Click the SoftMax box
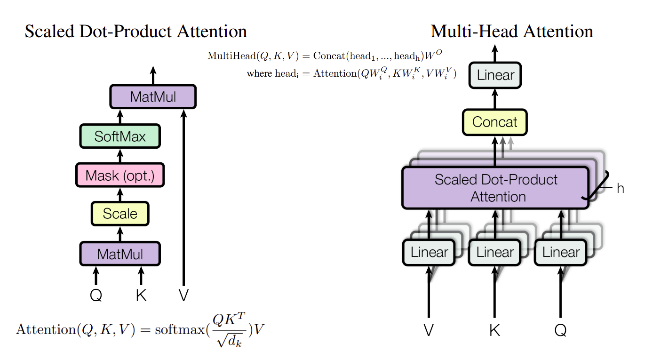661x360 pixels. [x=120, y=136]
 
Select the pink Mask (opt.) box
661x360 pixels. [x=120, y=176]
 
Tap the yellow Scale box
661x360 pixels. [x=120, y=214]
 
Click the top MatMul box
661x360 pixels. [x=153, y=97]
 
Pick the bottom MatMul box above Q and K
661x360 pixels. [x=120, y=254]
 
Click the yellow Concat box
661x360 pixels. [x=494, y=122]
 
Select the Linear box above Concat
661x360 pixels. [x=495, y=75]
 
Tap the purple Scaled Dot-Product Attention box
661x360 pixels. [x=495, y=188]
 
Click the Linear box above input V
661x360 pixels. [x=429, y=252]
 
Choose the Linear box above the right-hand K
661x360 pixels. [x=494, y=252]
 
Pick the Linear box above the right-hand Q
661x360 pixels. [x=560, y=252]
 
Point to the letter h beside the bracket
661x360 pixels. [x=620, y=189]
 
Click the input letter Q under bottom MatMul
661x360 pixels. [x=96, y=296]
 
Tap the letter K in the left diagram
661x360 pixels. [x=141, y=296]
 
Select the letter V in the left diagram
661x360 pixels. [x=183, y=296]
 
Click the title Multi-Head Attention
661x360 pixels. [x=511, y=32]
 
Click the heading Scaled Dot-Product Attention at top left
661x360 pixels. [x=135, y=32]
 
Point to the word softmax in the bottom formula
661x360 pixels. [x=173, y=329]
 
